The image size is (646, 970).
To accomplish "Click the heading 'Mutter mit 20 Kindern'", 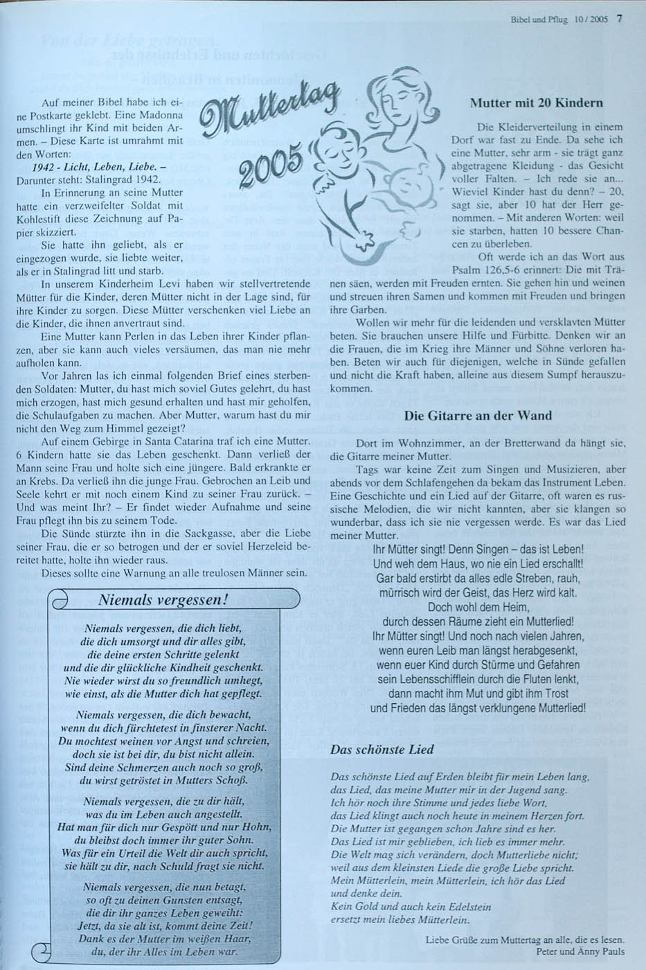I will [536, 103].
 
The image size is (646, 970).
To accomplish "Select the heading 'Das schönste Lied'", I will [382, 749].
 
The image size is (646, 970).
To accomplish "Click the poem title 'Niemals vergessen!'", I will [163, 599].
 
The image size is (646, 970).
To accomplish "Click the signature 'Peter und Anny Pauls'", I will [580, 951].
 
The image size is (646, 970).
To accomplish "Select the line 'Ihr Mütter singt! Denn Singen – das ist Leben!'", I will [478, 547].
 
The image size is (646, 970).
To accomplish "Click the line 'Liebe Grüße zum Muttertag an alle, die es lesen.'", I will [525, 940].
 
